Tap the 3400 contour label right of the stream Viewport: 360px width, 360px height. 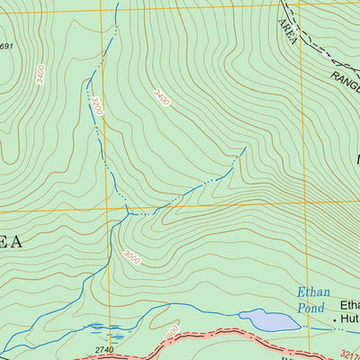[161, 95]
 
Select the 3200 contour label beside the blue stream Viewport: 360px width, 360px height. [96, 106]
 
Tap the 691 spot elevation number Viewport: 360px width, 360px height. [6, 47]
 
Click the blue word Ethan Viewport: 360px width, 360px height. [312, 292]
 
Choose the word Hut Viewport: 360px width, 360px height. [349, 319]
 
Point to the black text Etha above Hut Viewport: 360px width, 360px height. [348, 304]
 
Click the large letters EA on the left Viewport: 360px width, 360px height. [10, 240]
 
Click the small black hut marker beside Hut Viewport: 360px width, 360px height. [336, 319]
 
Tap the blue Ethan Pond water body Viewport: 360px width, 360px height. [269, 319]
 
